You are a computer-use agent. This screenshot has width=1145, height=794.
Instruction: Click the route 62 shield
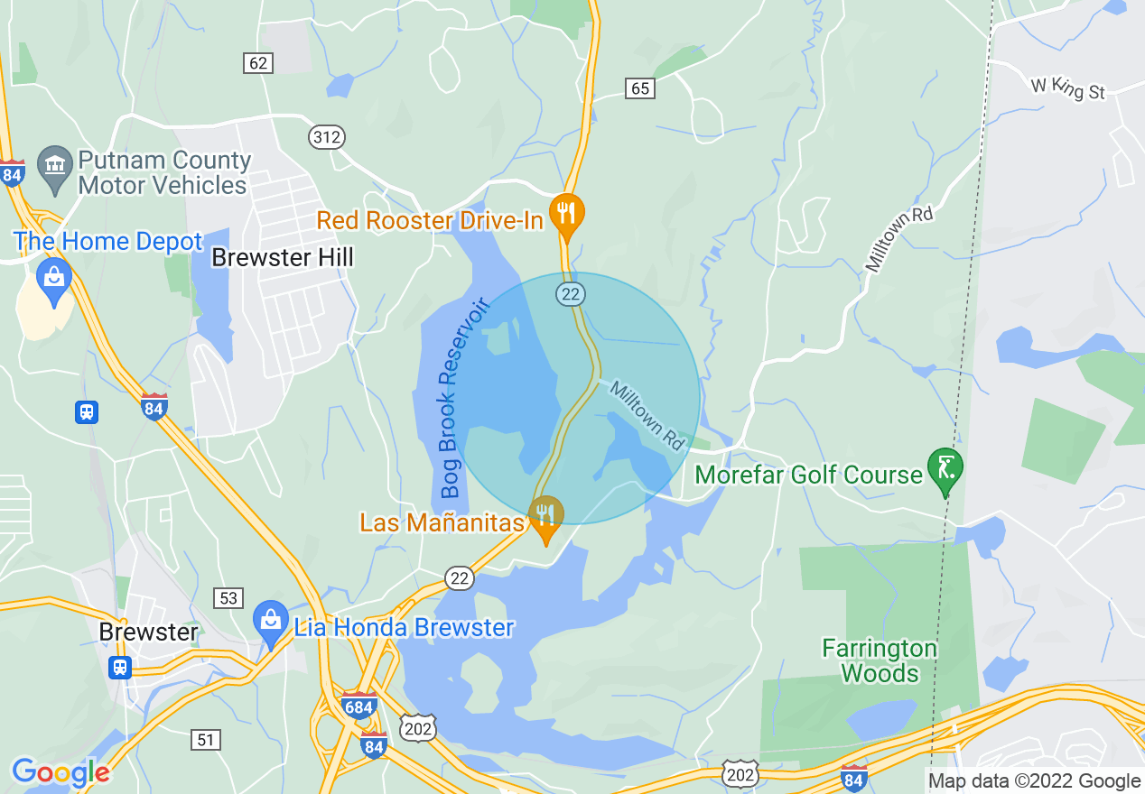pyautogui.click(x=258, y=62)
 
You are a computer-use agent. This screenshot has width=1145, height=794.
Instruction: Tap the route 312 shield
pyautogui.click(x=326, y=137)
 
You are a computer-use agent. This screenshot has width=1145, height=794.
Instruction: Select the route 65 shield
pyautogui.click(x=640, y=88)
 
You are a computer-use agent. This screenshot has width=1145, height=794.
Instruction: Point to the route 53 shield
pyautogui.click(x=228, y=597)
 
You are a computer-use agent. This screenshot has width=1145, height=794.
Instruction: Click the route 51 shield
pyautogui.click(x=206, y=740)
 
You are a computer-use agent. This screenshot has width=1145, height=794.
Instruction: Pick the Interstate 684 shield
pyautogui.click(x=359, y=706)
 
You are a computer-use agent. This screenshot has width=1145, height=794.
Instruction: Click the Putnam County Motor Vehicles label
pyautogui.click(x=164, y=172)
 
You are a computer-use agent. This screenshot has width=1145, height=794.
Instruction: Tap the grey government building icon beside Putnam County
pyautogui.click(x=55, y=165)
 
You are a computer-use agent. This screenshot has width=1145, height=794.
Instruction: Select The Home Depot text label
pyautogui.click(x=108, y=242)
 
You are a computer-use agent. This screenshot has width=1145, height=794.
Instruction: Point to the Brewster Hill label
pyautogui.click(x=283, y=257)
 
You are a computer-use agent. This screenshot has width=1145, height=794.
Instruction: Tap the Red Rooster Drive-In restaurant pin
pyautogui.click(x=567, y=214)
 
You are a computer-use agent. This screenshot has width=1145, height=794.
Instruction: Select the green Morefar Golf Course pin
pyautogui.click(x=945, y=469)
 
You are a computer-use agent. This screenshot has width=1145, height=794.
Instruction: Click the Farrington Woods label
pyautogui.click(x=880, y=660)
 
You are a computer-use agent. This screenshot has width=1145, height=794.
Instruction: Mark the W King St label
pyautogui.click(x=1068, y=88)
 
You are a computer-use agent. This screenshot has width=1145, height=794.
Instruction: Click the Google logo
pyautogui.click(x=61, y=772)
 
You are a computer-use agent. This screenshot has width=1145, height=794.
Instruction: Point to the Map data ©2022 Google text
pyautogui.click(x=1035, y=780)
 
